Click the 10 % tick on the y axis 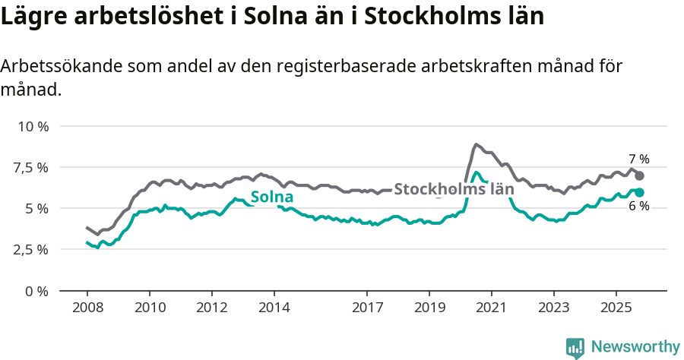(x=33, y=126)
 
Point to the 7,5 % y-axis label (x=30, y=167)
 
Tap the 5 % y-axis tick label (x=36, y=208)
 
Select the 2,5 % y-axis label (x=30, y=249)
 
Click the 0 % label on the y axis (x=36, y=291)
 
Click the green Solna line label (x=272, y=197)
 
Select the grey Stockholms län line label (x=454, y=189)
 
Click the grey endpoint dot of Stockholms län (x=640, y=175)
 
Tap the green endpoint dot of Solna (x=640, y=192)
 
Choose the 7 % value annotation (x=638, y=159)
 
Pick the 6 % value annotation (x=638, y=207)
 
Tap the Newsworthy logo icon (x=575, y=348)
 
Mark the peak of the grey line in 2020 (x=476, y=144)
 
